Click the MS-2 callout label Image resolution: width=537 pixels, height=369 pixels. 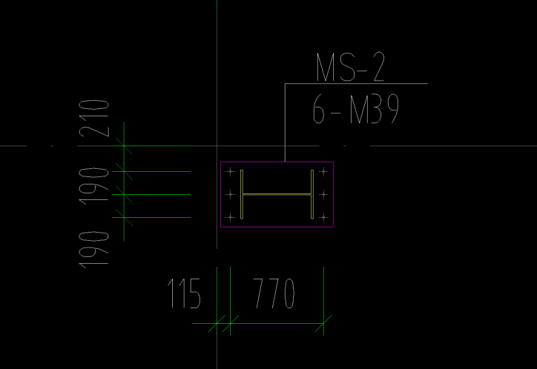(350, 67)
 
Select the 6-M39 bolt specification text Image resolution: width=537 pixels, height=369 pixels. (356, 109)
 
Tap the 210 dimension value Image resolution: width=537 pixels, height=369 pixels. (94, 119)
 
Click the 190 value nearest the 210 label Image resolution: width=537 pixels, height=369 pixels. (94, 187)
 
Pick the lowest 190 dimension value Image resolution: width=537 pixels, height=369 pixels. (94, 250)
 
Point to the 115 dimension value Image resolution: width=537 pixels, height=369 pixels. (184, 293)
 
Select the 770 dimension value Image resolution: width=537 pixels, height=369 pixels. (274, 293)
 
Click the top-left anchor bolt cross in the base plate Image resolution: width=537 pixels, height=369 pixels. (230, 172)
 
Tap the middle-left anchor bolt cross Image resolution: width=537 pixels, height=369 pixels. (230, 195)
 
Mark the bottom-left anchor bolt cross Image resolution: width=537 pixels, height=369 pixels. (230, 217)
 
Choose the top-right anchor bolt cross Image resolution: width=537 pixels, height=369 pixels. (323, 172)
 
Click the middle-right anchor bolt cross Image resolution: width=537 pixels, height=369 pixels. (323, 195)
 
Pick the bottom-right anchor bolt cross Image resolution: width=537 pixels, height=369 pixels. (323, 217)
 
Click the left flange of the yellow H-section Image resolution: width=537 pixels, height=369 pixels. (242, 194)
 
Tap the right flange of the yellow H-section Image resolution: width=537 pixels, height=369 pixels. (312, 194)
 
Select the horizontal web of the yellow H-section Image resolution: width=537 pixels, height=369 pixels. (277, 194)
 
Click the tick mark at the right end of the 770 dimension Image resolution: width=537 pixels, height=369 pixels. (323, 323)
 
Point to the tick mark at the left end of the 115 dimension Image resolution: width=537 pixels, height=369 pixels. (217, 323)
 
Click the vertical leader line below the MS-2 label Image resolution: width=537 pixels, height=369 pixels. (285, 122)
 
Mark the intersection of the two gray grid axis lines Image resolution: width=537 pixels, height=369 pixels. (217, 146)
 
